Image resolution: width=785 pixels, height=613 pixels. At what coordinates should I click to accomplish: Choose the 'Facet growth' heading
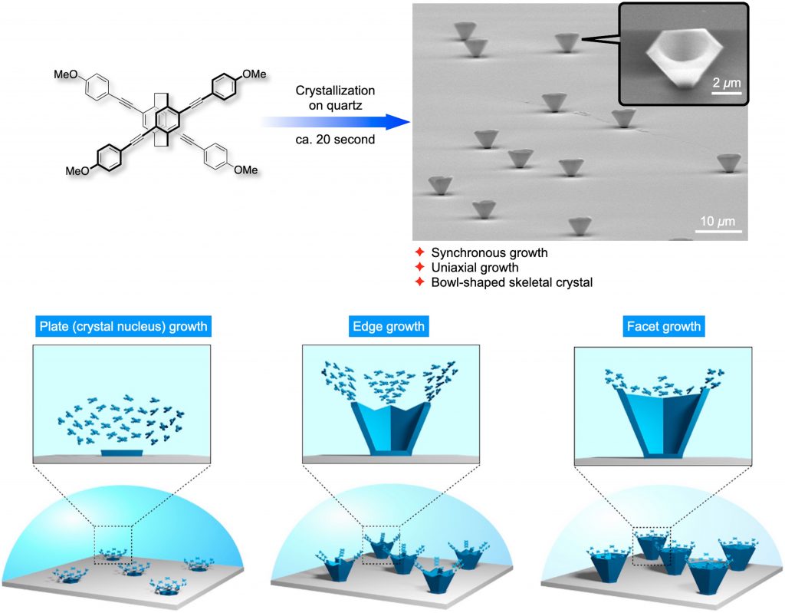(x=662, y=326)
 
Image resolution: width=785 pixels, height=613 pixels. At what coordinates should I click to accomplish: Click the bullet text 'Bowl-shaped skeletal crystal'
(x=501, y=282)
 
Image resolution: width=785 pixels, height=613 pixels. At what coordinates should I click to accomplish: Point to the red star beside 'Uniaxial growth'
(x=419, y=268)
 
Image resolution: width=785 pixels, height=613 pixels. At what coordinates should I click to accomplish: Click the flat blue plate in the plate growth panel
(x=121, y=453)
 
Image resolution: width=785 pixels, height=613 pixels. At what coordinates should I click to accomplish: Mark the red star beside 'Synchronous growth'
(x=419, y=252)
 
